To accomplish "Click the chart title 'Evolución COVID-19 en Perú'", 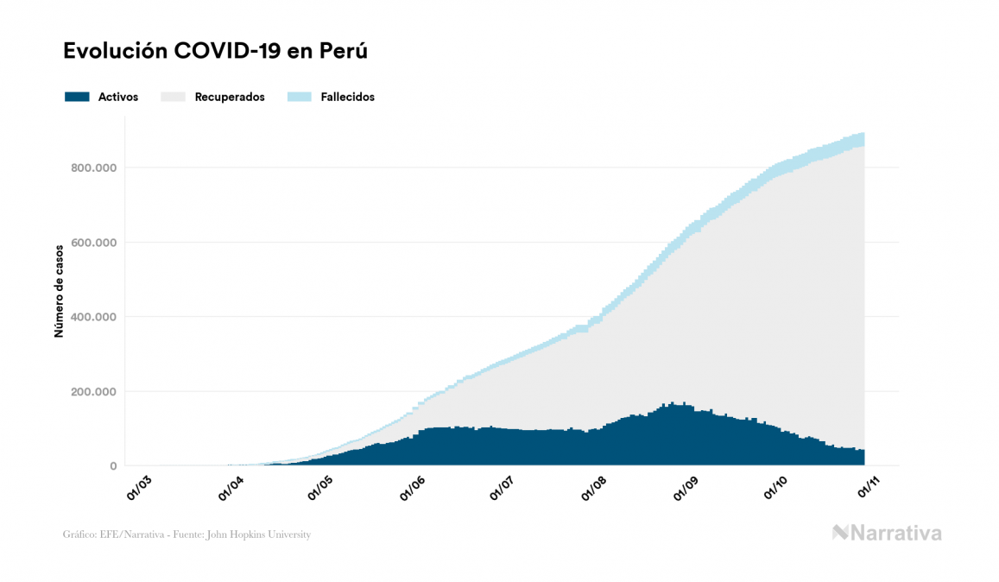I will point(216,51).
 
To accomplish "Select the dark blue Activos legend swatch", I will point(77,97).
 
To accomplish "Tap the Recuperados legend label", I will point(230,97).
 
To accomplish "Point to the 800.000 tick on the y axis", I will point(94,168).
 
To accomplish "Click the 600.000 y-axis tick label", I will point(94,242).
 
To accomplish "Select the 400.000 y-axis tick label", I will point(94,317).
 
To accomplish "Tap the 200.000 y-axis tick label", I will point(94,391).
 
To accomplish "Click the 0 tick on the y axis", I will point(113,466).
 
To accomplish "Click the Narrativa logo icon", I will point(840,533).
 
